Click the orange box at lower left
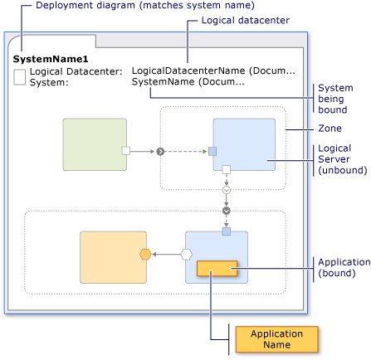(112, 257)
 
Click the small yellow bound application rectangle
(217, 269)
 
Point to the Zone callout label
(330, 129)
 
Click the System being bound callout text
(335, 99)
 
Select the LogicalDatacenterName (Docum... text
(212, 71)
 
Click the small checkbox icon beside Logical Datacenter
(19, 77)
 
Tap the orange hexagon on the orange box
(144, 254)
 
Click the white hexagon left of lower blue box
(186, 255)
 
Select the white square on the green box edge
(126, 151)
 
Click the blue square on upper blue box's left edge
(212, 151)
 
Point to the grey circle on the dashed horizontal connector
(160, 151)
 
